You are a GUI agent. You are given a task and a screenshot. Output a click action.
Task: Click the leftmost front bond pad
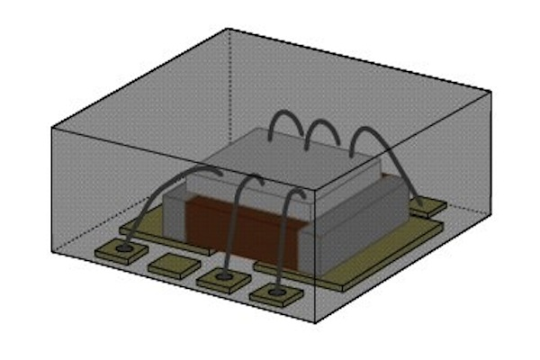(125, 247)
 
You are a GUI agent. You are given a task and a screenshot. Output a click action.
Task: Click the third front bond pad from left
(225, 280)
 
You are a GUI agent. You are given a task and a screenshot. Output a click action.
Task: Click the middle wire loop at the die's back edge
(321, 130)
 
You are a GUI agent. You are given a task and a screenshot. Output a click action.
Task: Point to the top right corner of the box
(491, 93)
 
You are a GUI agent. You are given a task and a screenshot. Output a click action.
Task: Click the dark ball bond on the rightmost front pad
(277, 292)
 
